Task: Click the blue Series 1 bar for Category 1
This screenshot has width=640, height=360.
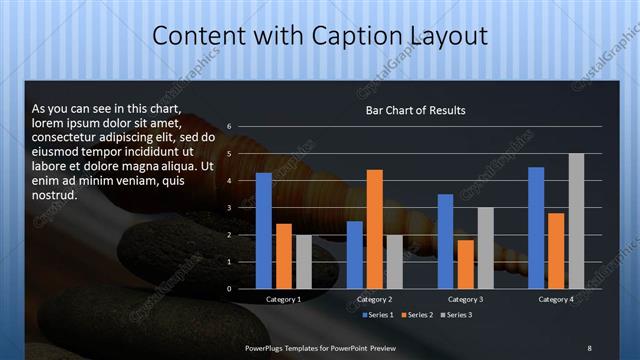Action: pos(264,231)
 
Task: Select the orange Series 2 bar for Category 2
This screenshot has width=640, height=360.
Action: pos(375,229)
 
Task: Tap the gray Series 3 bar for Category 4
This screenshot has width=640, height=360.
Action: pos(576,221)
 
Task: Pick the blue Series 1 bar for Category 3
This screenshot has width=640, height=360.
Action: pos(446,241)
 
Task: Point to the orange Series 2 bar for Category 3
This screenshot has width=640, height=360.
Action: pos(466,264)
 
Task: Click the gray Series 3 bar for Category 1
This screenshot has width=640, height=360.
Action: pos(304,262)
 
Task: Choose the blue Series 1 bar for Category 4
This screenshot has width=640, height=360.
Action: pos(536,228)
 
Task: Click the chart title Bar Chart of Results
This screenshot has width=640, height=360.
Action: pos(415,110)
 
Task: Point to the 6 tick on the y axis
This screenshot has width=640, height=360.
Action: pos(229,127)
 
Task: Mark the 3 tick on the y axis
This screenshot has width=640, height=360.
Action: pos(229,208)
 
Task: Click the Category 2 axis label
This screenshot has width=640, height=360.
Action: pos(374,299)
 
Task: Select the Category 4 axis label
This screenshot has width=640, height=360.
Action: pos(556,299)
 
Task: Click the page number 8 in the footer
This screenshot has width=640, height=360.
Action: pos(589,347)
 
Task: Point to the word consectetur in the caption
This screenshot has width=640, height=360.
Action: pos(66,137)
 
